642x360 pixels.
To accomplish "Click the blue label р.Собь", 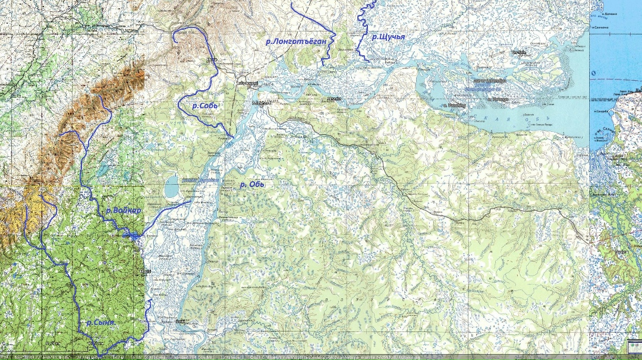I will click(x=206, y=105).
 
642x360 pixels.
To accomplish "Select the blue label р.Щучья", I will click(x=388, y=37).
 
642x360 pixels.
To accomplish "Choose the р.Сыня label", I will click(x=100, y=323).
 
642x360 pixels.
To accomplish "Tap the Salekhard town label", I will click(x=262, y=103).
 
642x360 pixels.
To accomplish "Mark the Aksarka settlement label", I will click(x=332, y=99).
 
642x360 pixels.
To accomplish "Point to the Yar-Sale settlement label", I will click(x=520, y=52).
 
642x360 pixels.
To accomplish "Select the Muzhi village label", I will click(x=144, y=271).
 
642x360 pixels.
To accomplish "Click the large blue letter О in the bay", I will click(x=593, y=73).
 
